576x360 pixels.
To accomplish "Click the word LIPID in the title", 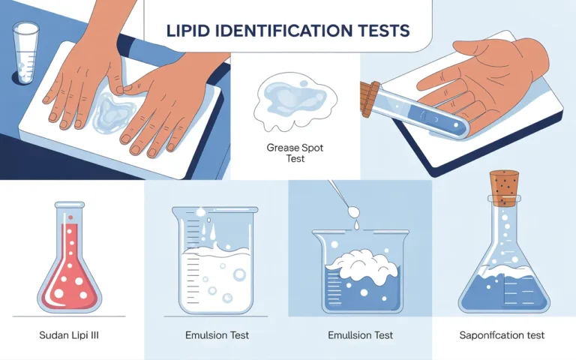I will [x=190, y=31].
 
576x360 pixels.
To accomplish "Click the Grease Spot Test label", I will [x=295, y=154].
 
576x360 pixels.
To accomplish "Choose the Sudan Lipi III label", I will [x=69, y=335].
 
